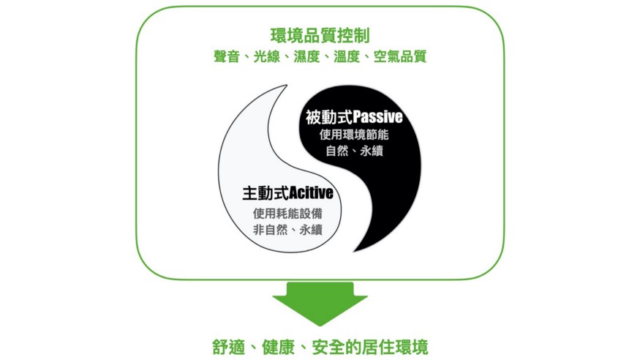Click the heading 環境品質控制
point(320,34)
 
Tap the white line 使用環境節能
point(354,135)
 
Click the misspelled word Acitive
point(311,194)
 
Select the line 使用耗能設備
point(287,213)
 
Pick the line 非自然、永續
point(287,230)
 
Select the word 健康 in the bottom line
point(282,345)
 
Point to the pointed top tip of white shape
point(285,86)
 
